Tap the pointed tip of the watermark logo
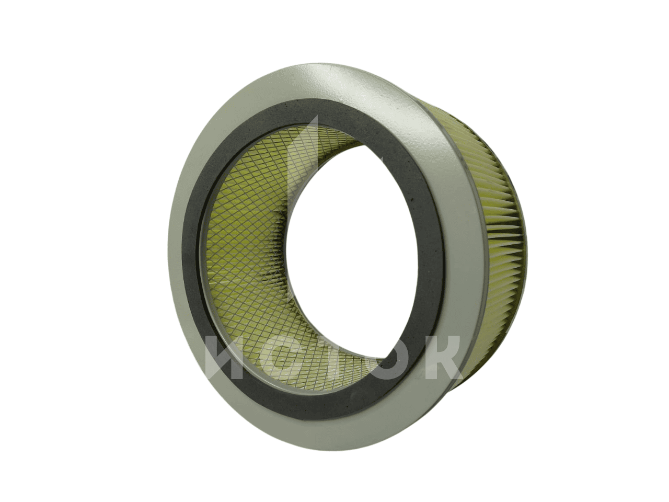[317, 116]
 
